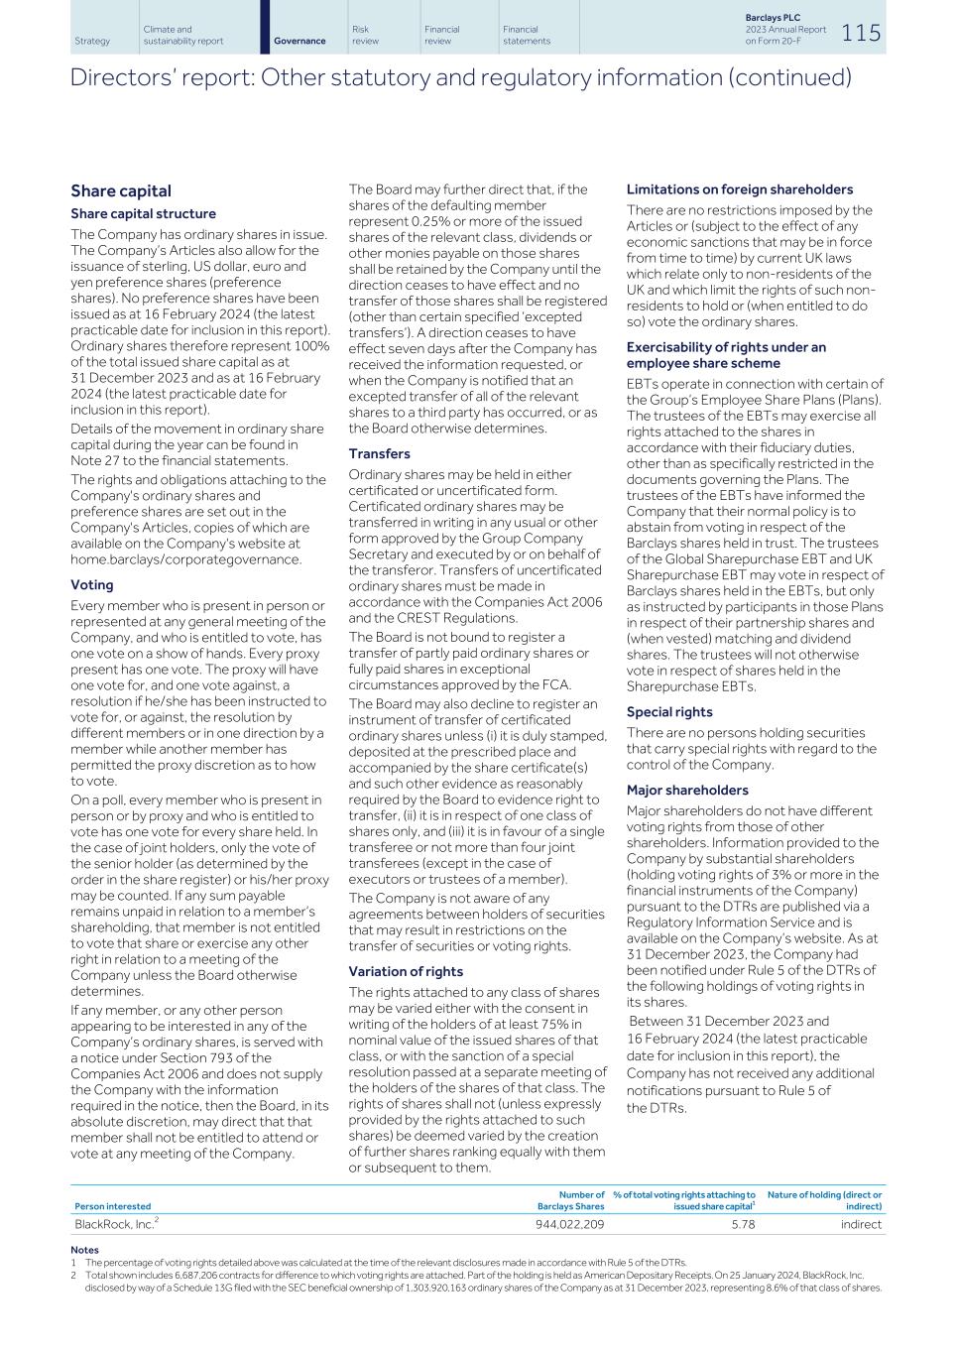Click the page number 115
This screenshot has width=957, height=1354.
(861, 33)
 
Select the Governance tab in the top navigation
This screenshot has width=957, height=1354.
(299, 41)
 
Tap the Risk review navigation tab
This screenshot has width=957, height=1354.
(365, 36)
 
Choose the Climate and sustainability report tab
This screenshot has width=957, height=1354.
(182, 36)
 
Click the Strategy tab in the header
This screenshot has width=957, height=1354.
(92, 41)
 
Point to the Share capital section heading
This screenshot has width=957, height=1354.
(121, 191)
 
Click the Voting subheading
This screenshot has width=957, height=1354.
(92, 585)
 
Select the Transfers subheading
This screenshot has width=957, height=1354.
(379, 453)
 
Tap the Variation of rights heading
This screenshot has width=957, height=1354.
(406, 971)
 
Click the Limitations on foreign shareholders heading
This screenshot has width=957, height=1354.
(739, 189)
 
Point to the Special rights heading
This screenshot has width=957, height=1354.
(669, 711)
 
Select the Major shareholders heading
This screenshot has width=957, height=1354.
(687, 790)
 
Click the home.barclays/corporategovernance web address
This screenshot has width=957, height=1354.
(185, 559)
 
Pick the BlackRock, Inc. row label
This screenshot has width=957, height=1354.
(115, 1224)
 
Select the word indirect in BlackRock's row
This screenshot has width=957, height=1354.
(860, 1225)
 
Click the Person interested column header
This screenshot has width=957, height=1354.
(113, 1206)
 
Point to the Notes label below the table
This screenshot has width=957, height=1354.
(85, 1249)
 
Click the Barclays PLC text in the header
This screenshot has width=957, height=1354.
(773, 18)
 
